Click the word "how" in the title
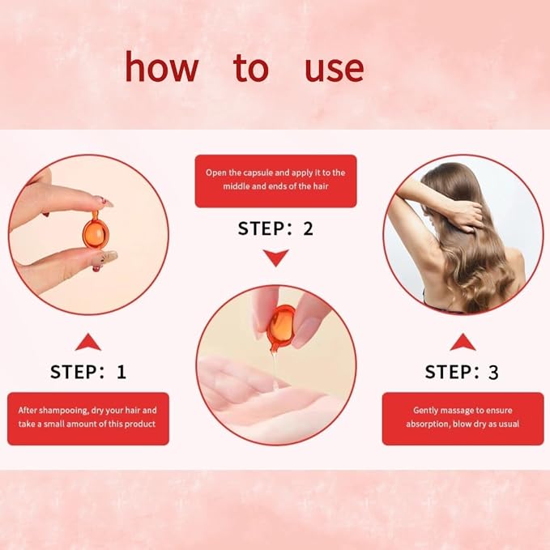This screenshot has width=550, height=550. [162, 66]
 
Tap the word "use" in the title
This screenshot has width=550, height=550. [335, 69]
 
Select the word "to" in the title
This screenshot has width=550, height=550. [251, 68]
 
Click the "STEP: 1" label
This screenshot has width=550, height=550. [88, 372]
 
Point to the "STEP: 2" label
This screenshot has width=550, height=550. [275, 228]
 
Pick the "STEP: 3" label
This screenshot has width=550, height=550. [461, 372]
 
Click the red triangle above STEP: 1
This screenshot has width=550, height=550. [88, 343]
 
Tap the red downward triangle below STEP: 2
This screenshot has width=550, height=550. [276, 258]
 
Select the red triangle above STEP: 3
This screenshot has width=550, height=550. [463, 343]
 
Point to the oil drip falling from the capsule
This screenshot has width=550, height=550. [275, 369]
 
